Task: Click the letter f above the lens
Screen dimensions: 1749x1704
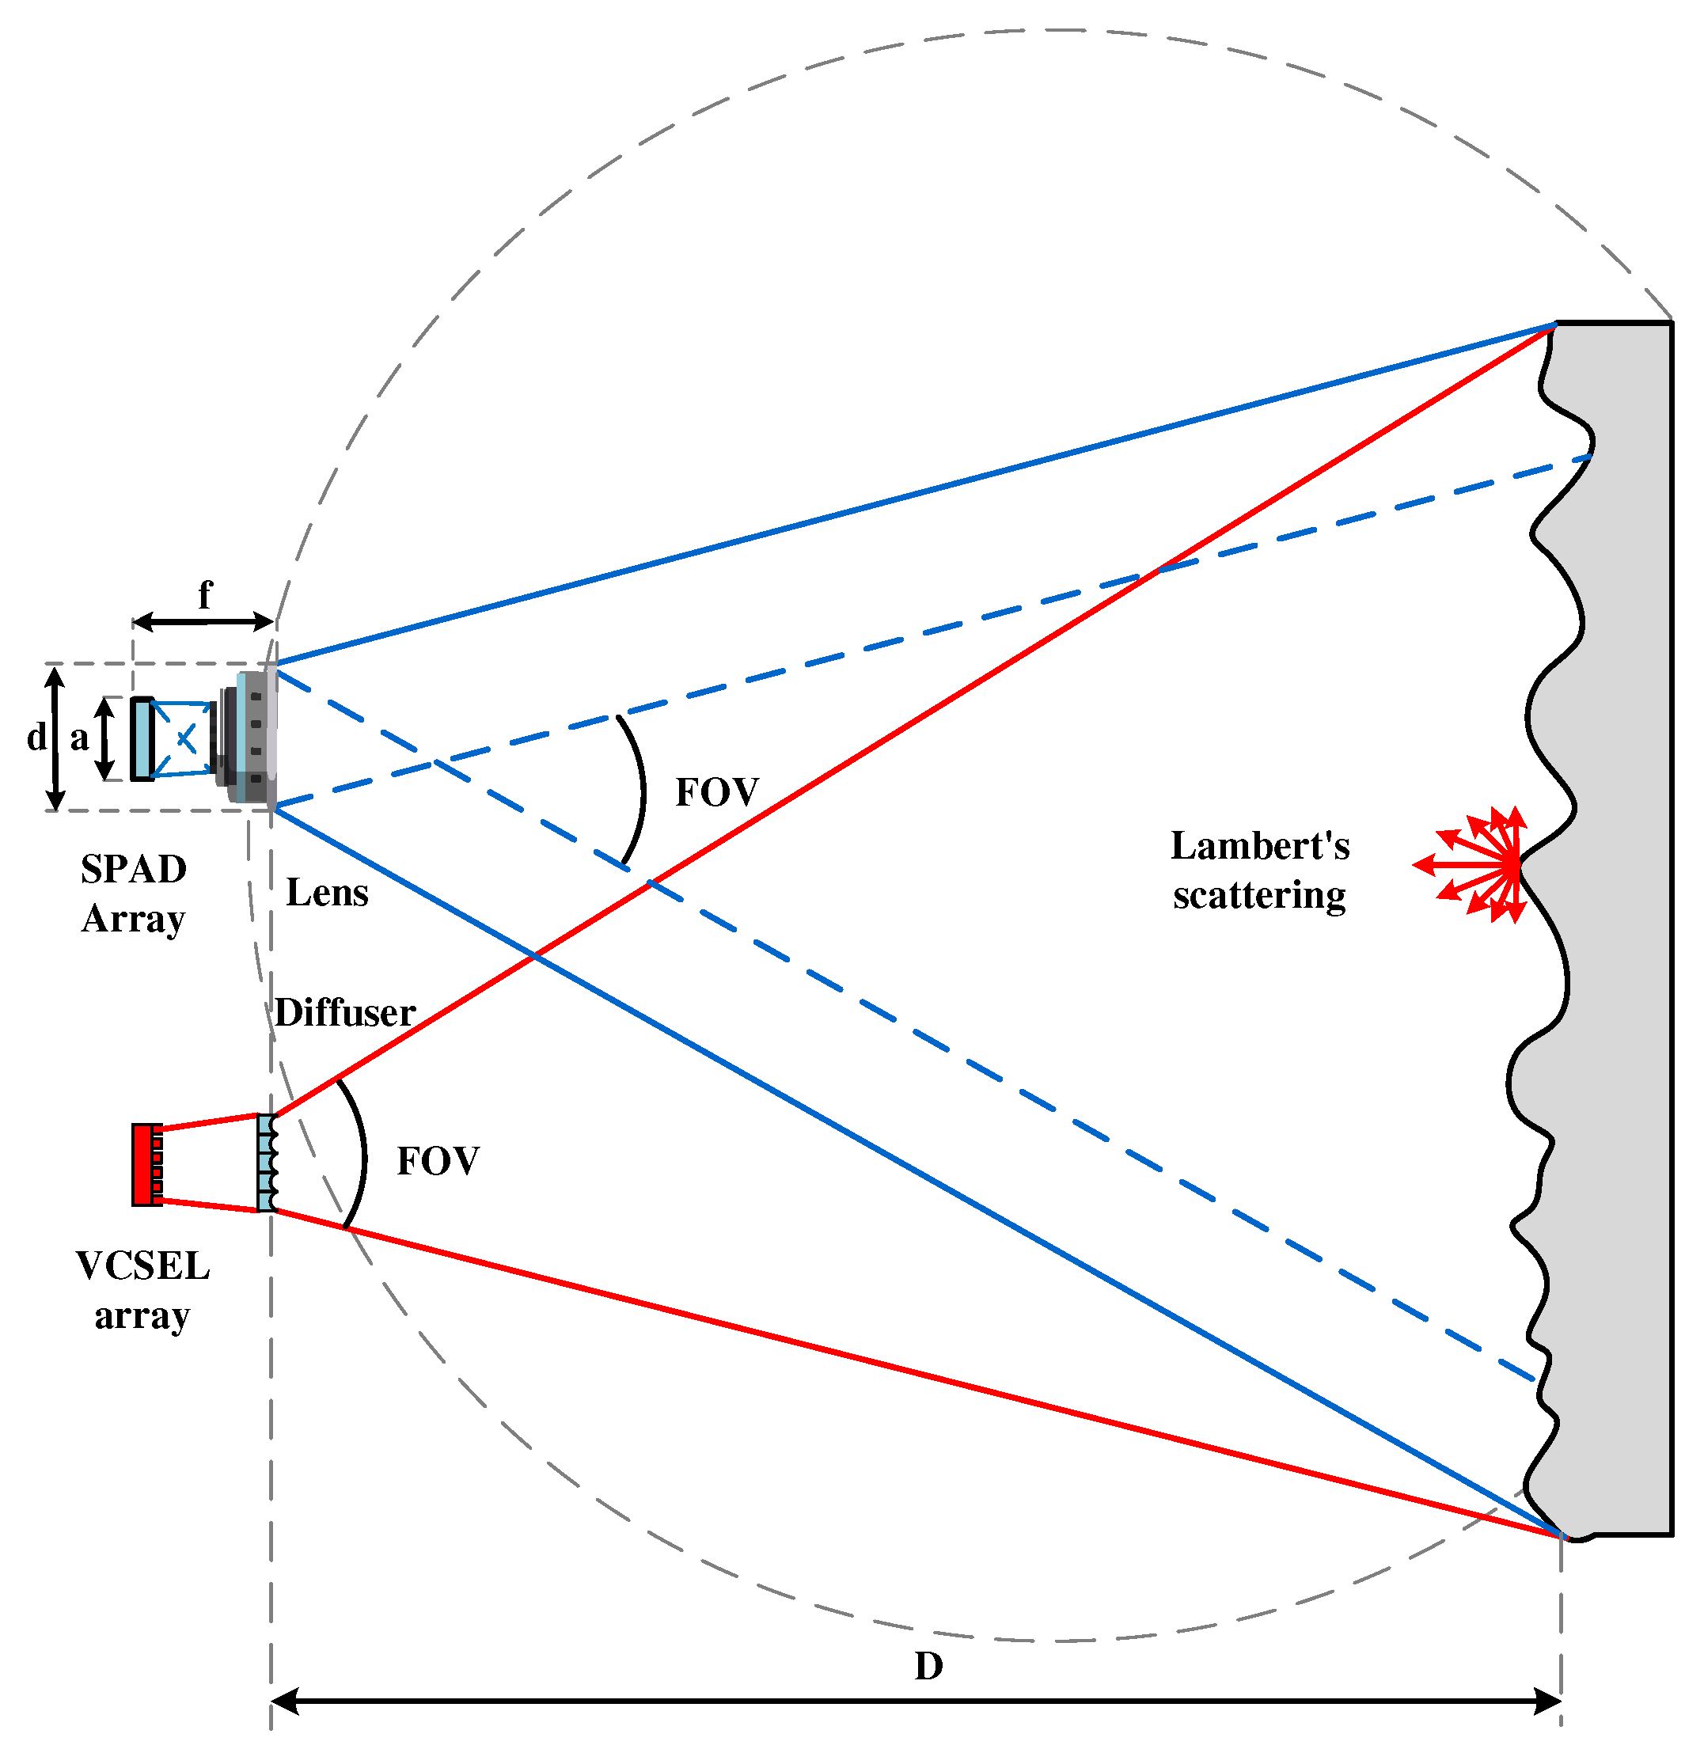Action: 205,595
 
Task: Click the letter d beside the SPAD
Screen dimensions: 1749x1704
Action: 36,738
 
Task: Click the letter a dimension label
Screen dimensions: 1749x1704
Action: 80,738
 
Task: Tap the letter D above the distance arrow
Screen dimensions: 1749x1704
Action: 928,1667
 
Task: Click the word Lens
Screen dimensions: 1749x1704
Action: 327,893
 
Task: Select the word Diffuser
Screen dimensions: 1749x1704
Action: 344,1013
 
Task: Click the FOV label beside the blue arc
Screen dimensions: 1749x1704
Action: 716,793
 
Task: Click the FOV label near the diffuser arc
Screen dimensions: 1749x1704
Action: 438,1162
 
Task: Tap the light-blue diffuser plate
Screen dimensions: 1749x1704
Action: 266,1163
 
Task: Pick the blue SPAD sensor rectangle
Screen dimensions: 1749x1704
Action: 142,739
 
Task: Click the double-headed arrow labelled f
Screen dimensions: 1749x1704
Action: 203,622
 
